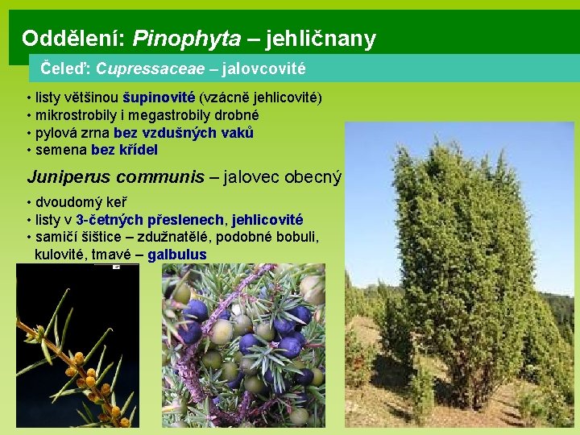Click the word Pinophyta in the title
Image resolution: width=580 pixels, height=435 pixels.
pos(186,38)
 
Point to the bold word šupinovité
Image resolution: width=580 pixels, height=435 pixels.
pos(158,97)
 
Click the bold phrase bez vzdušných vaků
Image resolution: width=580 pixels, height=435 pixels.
pos(184,133)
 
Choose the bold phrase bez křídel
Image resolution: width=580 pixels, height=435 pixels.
pos(124,150)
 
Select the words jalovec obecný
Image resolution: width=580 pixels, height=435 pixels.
pos(283,176)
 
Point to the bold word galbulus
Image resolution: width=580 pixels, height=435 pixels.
pos(177,255)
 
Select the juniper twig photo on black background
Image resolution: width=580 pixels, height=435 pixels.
pos(77,346)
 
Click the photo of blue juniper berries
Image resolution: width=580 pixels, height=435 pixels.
pos(243,346)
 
